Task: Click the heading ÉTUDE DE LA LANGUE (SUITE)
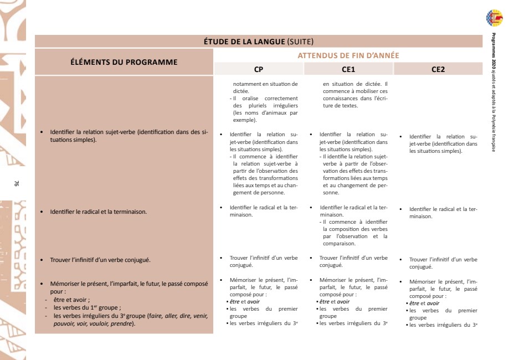pos(259,42)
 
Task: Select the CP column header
pos(259,69)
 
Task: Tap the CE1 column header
pos(348,69)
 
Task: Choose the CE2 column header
pos(438,69)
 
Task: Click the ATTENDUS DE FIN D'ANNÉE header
pos(348,55)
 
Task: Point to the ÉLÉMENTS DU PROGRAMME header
pos(124,62)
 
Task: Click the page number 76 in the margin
pos(18,183)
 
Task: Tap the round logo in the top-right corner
pos(495,18)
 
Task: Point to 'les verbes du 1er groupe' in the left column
pos(87,307)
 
